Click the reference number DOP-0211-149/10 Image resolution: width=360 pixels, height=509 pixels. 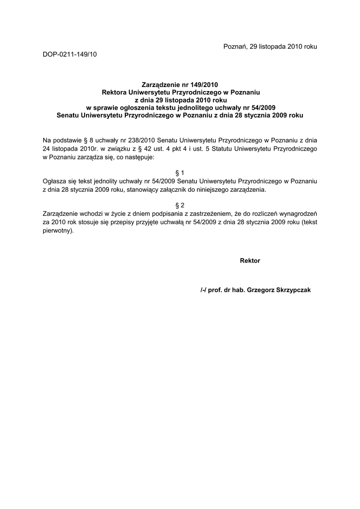pyautogui.click(x=70, y=54)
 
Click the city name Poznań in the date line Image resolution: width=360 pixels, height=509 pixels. pyautogui.click(x=233, y=46)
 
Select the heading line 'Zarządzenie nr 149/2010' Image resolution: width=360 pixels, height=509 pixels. pyautogui.click(x=180, y=85)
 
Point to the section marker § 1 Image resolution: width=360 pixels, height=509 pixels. pyautogui.click(x=180, y=172)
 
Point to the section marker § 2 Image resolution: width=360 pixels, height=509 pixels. pyautogui.click(x=180, y=205)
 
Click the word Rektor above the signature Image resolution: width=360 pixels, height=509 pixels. pyautogui.click(x=250, y=260)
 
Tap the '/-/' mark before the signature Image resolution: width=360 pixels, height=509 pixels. pyautogui.click(x=203, y=290)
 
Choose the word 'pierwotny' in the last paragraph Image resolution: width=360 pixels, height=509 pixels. pyautogui.click(x=56, y=231)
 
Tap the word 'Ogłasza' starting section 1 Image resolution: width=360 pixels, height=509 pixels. pyautogui.click(x=54, y=181)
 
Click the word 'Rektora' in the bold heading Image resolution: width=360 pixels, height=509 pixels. pyautogui.click(x=114, y=92)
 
